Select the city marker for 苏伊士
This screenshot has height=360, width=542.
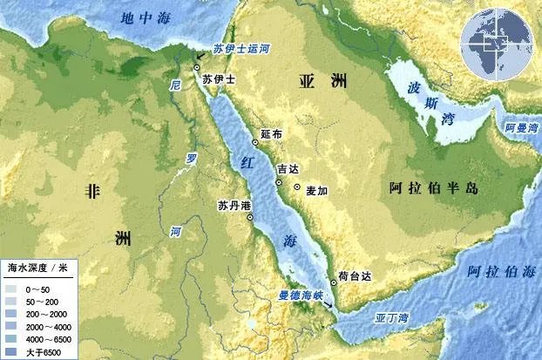click(x=197, y=66)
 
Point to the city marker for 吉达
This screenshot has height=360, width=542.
click(x=278, y=182)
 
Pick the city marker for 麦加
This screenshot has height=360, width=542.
click(x=297, y=187)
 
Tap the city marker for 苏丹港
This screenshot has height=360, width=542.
click(x=250, y=218)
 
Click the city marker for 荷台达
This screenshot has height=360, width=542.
click(x=333, y=282)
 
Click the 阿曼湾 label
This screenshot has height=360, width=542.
click(x=522, y=128)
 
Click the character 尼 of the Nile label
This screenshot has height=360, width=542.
click(x=176, y=86)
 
